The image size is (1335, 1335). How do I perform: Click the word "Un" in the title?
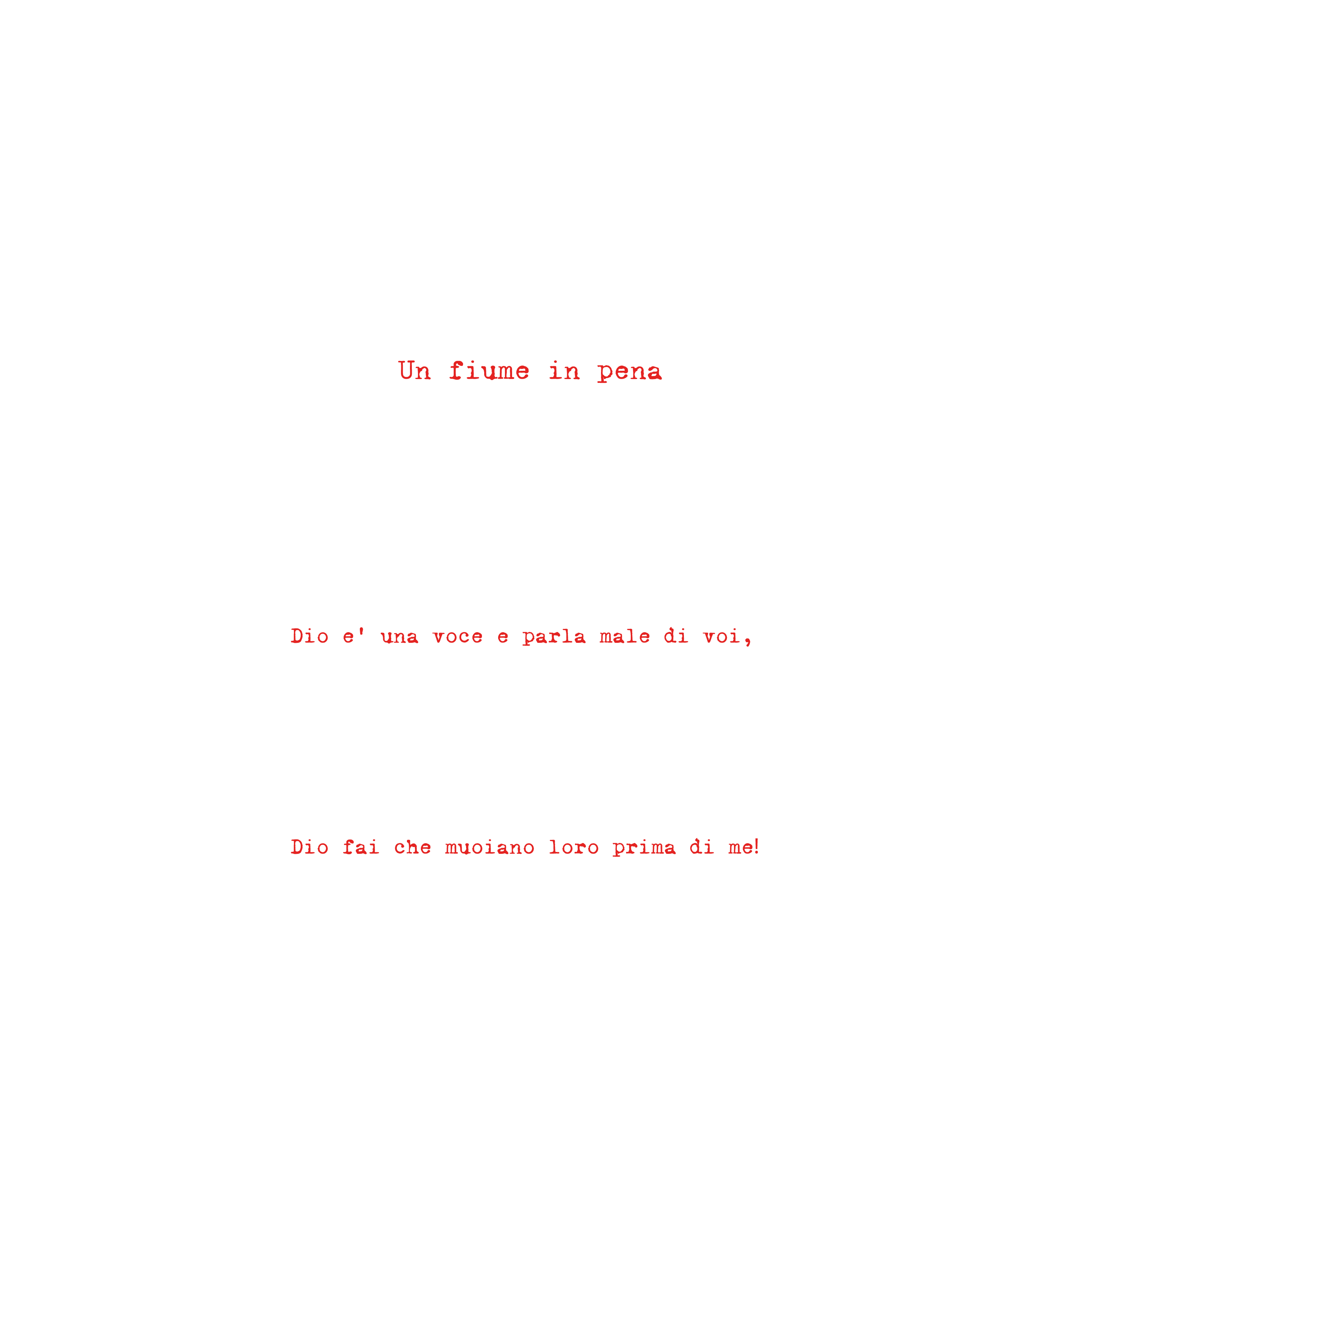[414, 371]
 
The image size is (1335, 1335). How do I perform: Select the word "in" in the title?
[564, 371]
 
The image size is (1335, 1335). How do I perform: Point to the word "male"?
[625, 636]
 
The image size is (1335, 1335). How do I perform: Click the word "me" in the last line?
[740, 848]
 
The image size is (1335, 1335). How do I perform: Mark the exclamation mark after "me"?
[757, 846]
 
